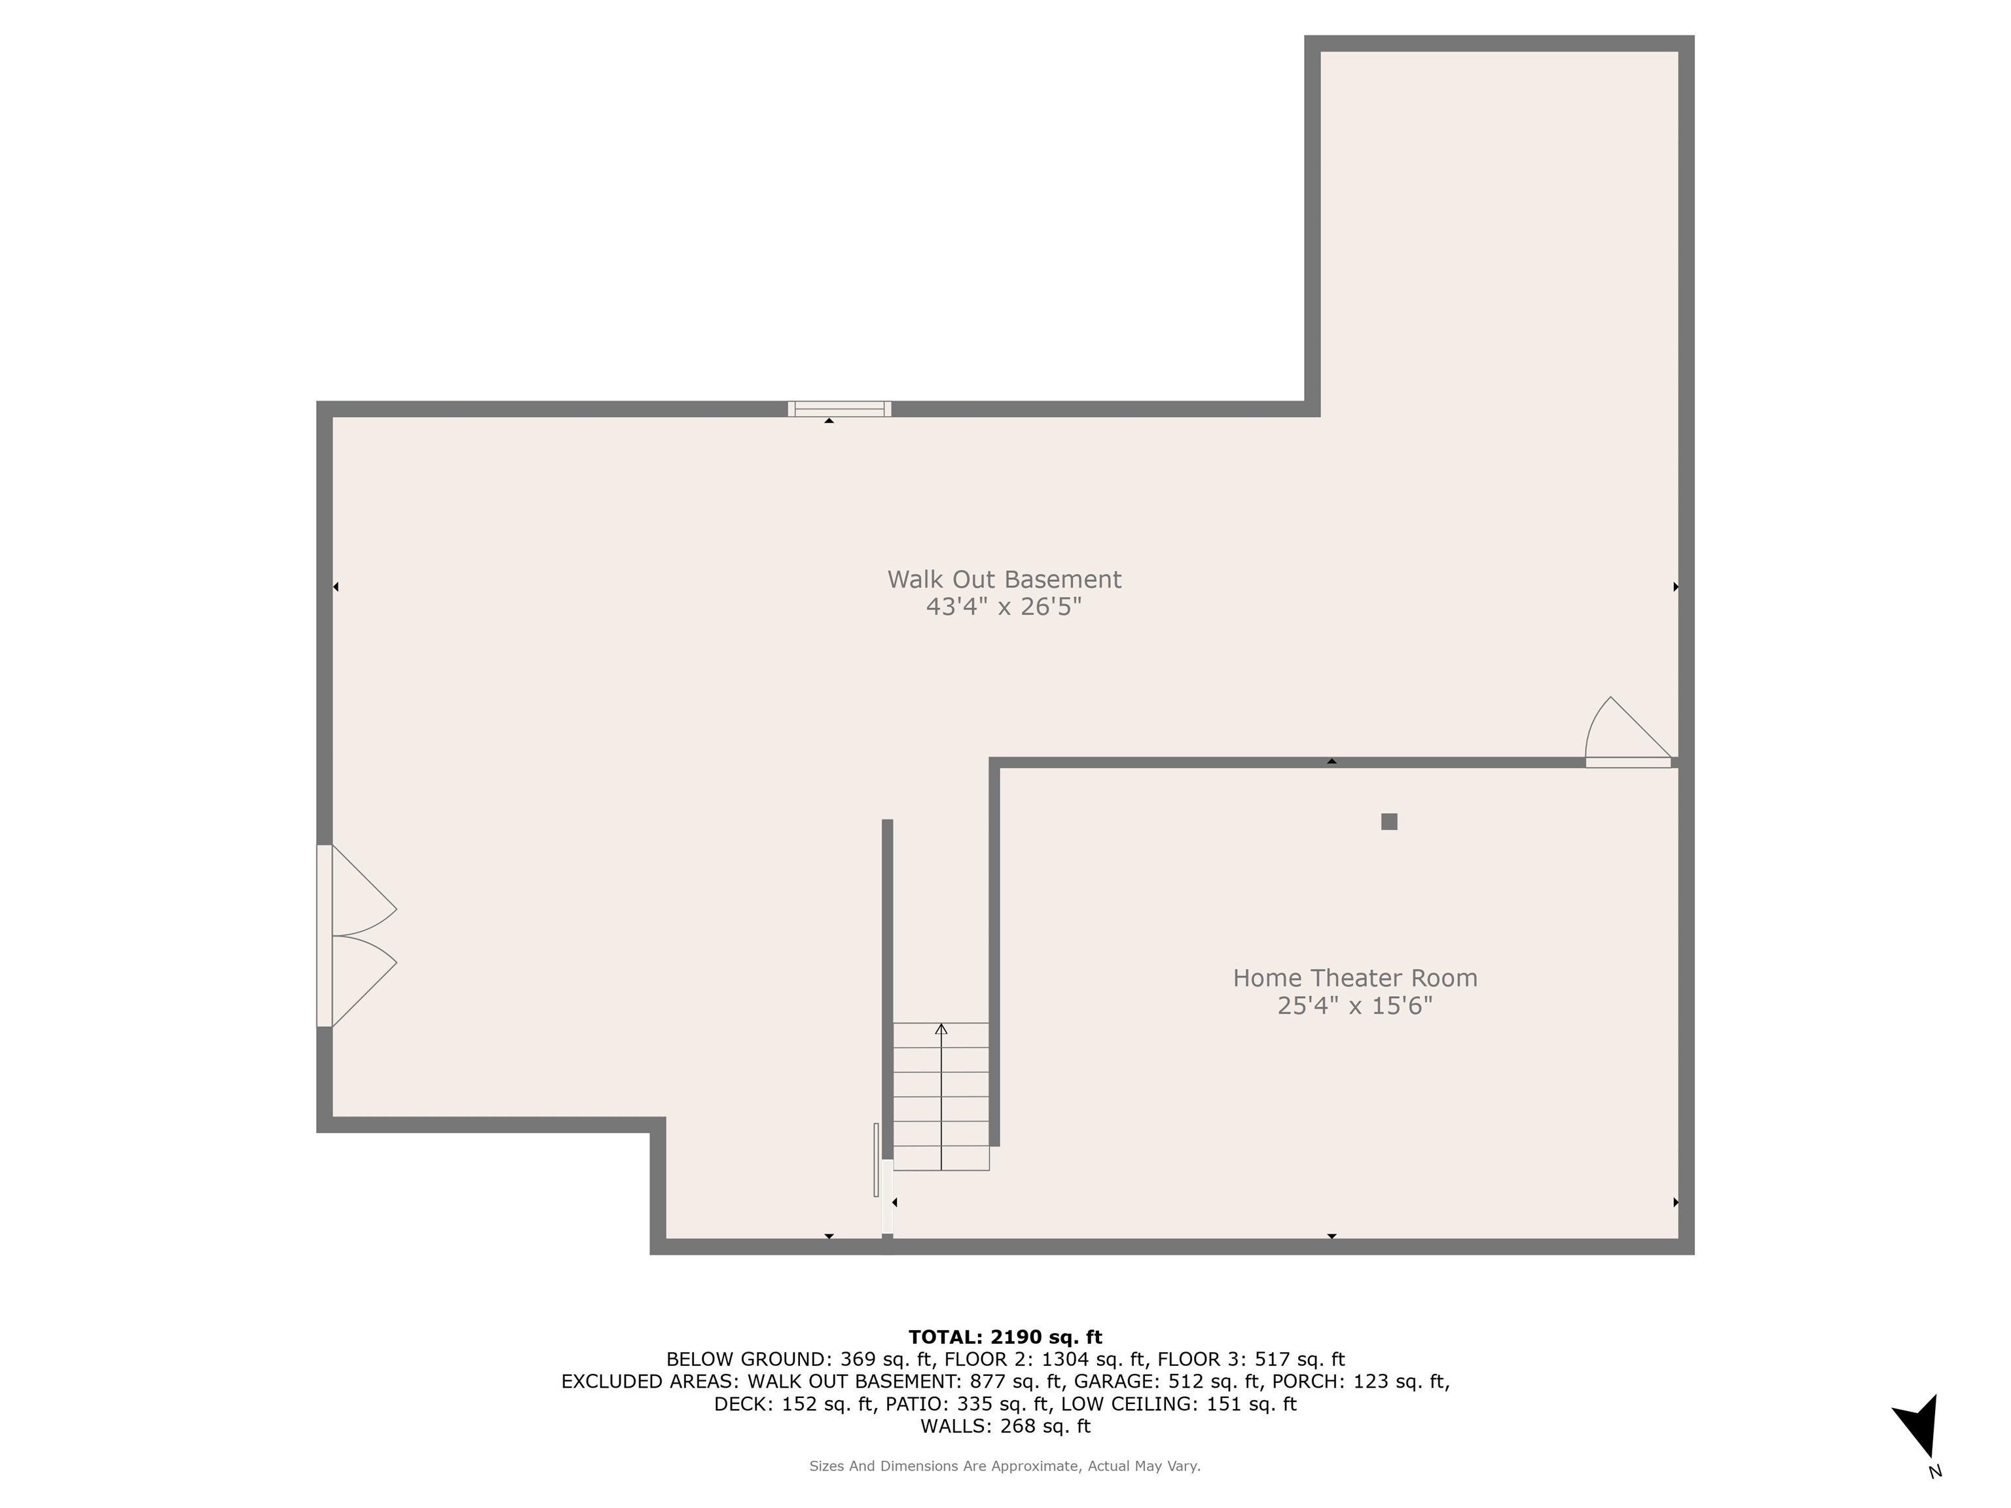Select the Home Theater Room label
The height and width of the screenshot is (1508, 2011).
click(x=1354, y=978)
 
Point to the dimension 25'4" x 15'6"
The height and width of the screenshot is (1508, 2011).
click(x=1354, y=1005)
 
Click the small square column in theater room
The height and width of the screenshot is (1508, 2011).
click(x=1388, y=821)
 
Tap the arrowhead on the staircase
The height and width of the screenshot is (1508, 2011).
click(x=941, y=1029)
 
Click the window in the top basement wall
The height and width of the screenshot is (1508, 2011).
click(x=839, y=409)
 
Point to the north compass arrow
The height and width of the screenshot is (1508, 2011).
click(x=1918, y=1426)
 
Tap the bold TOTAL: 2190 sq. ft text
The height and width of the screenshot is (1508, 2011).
click(x=1005, y=1337)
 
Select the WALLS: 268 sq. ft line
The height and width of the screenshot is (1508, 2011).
click(x=1005, y=1426)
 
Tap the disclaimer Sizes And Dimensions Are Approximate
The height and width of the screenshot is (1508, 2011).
click(x=1005, y=1466)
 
